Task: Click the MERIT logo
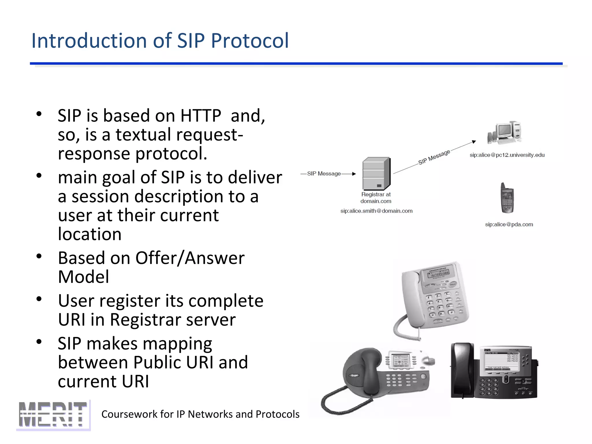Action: [x=53, y=415]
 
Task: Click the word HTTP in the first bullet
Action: [x=201, y=116]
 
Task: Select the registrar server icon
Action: [x=376, y=173]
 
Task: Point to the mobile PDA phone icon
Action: [x=507, y=198]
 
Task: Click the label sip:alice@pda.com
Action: [x=509, y=224]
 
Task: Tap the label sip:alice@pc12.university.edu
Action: [x=507, y=155]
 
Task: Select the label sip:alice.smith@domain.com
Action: [x=376, y=211]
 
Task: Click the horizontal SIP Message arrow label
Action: [x=324, y=173]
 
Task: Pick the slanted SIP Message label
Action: [x=434, y=157]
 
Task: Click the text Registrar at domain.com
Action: [x=376, y=198]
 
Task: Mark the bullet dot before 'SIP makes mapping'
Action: [x=39, y=342]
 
